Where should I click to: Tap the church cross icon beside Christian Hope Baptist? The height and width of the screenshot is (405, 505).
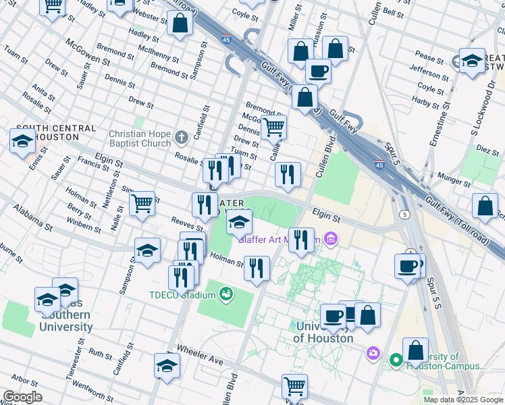click(180, 138)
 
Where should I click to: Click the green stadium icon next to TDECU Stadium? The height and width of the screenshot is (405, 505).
click(225, 294)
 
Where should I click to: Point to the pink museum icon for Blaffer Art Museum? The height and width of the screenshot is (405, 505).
click(330, 238)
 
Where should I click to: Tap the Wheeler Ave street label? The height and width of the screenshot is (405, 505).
click(200, 355)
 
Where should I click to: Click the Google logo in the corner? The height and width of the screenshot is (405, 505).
click(22, 397)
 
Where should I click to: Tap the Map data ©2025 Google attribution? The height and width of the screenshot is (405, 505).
click(464, 400)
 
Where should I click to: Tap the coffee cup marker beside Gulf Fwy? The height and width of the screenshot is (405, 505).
click(318, 70)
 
